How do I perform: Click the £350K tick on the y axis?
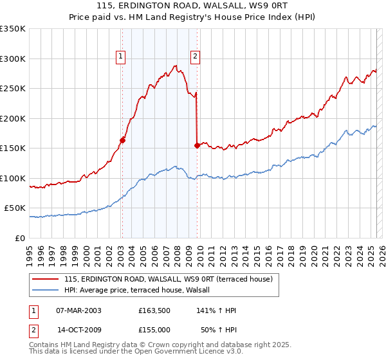pos(14,29)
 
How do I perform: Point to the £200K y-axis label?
pos(13,118)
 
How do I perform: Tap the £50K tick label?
pos(15,208)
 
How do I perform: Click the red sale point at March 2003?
pos(122,140)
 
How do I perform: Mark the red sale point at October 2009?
pos(197,145)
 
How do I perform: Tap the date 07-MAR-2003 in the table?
pos(78,310)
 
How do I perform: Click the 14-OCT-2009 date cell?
pos(78,329)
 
